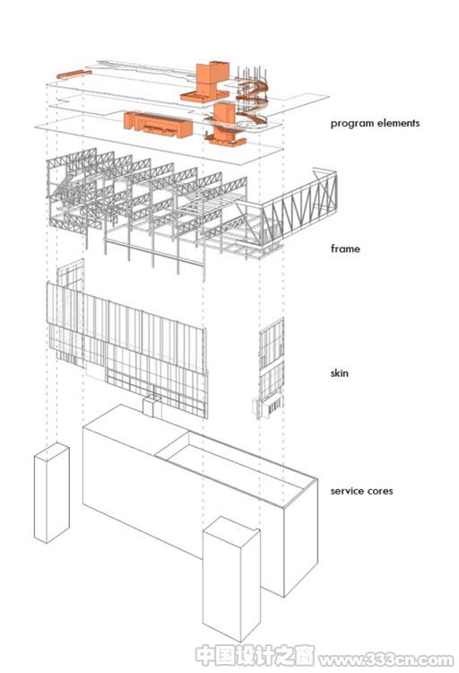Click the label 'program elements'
[x=375, y=124]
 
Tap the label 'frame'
[x=345, y=249]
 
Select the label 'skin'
[x=339, y=372]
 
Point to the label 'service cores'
[x=361, y=491]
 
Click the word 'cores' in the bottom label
[x=378, y=491]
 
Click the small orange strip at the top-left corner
[x=74, y=74]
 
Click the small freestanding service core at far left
[x=51, y=493]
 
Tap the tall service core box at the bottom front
[x=230, y=579]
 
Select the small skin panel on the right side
[x=271, y=368]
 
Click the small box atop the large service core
[x=152, y=406]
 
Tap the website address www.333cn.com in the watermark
[x=386, y=659]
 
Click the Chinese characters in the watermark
[x=255, y=655]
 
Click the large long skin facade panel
[x=127, y=348]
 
